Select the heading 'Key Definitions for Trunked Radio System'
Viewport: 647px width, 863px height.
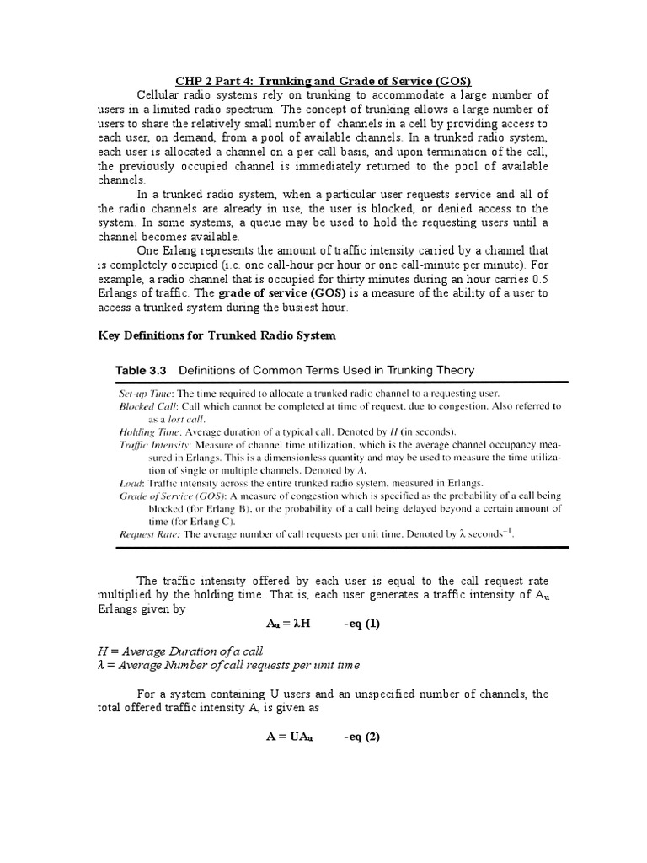tap(217, 335)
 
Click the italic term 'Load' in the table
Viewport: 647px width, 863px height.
tap(131, 482)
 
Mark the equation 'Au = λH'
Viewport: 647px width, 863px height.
tap(290, 624)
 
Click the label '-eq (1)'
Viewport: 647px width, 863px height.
tap(363, 624)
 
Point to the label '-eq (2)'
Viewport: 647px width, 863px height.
tap(363, 736)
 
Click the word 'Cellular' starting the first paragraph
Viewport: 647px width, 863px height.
tap(160, 94)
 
